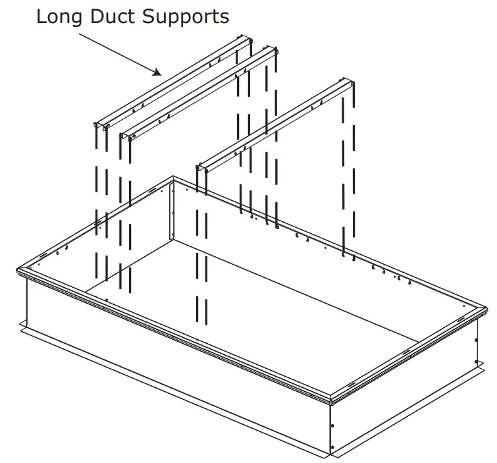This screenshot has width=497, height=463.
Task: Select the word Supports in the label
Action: point(192,16)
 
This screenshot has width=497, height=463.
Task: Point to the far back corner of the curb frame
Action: point(173,178)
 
